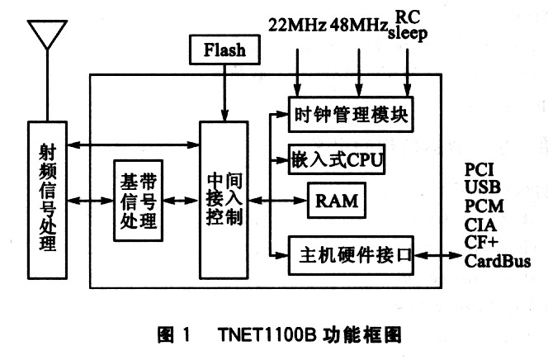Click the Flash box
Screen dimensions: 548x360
point(224,50)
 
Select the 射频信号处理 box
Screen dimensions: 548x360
point(47,200)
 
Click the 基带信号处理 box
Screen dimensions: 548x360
point(139,201)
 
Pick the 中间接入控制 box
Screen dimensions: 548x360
point(224,200)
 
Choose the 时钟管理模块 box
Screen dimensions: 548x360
point(351,114)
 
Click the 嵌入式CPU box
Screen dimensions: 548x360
point(337,159)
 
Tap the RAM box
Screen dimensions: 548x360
point(337,201)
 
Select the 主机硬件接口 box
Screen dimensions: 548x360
point(351,255)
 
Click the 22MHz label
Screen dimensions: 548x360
point(297,25)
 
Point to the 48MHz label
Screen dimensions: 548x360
point(359,25)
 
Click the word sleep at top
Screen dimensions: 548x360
point(408,34)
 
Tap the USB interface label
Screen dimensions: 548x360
point(482,187)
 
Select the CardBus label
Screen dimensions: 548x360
point(498,261)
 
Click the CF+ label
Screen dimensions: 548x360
point(481,242)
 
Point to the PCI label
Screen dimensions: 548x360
point(479,170)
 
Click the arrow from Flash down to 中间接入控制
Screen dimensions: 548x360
point(224,93)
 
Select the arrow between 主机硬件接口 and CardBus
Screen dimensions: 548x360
point(438,255)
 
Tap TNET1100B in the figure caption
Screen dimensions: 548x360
point(267,334)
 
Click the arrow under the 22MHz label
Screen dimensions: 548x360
point(297,73)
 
